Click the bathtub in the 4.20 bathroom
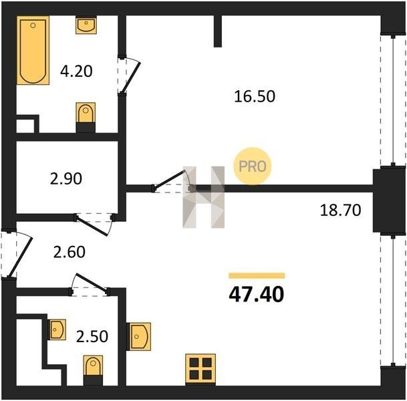pyautogui.click(x=33, y=50)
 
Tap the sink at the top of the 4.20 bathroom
pyautogui.click(x=86, y=25)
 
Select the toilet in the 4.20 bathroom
pyautogui.click(x=86, y=118)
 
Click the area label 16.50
pyautogui.click(x=255, y=96)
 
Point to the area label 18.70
pyautogui.click(x=340, y=211)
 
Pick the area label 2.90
pyautogui.click(x=66, y=179)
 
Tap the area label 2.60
pyautogui.click(x=70, y=252)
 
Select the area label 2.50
pyautogui.click(x=92, y=336)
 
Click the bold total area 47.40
pyautogui.click(x=257, y=295)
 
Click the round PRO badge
pyautogui.click(x=253, y=166)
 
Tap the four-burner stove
pyautogui.click(x=200, y=369)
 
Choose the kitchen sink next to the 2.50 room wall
pyautogui.click(x=138, y=337)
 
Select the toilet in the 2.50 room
pyautogui.click(x=93, y=370)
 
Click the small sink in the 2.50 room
pyautogui.click(x=57, y=329)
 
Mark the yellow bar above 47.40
pyautogui.click(x=257, y=275)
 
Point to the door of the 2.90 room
pyautogui.click(x=94, y=225)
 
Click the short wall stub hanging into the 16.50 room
pyautogui.click(x=218, y=31)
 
